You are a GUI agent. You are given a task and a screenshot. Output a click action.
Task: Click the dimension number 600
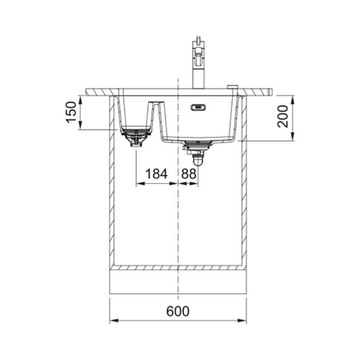(178, 311)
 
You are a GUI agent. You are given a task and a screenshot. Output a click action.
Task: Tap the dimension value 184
(156, 174)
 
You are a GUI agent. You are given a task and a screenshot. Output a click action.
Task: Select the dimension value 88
(189, 174)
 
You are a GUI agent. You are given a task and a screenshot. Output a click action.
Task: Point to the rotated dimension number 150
(71, 112)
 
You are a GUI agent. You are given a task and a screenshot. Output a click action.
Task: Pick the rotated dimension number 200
(282, 116)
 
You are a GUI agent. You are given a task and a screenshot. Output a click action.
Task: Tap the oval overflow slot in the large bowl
(198, 107)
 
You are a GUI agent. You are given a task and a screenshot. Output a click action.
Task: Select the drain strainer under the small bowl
(136, 136)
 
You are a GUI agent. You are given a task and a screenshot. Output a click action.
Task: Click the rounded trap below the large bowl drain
(198, 161)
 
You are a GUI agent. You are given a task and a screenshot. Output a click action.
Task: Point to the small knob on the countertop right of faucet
(233, 86)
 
